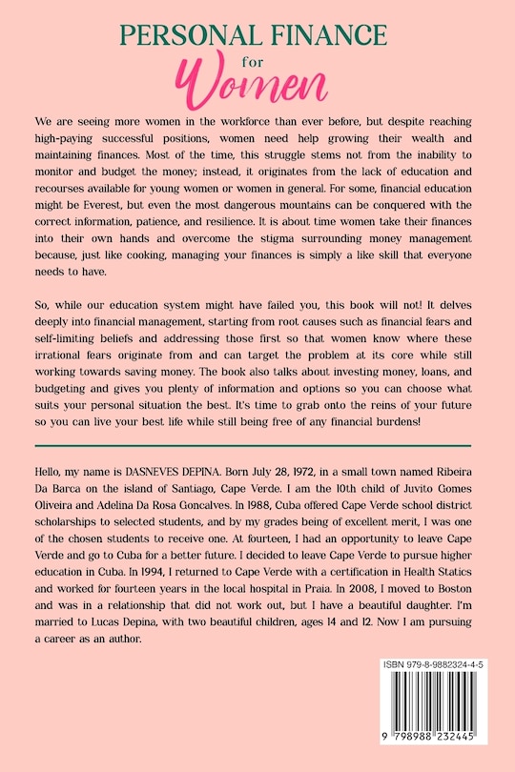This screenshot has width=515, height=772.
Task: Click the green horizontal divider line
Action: (252, 444)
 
